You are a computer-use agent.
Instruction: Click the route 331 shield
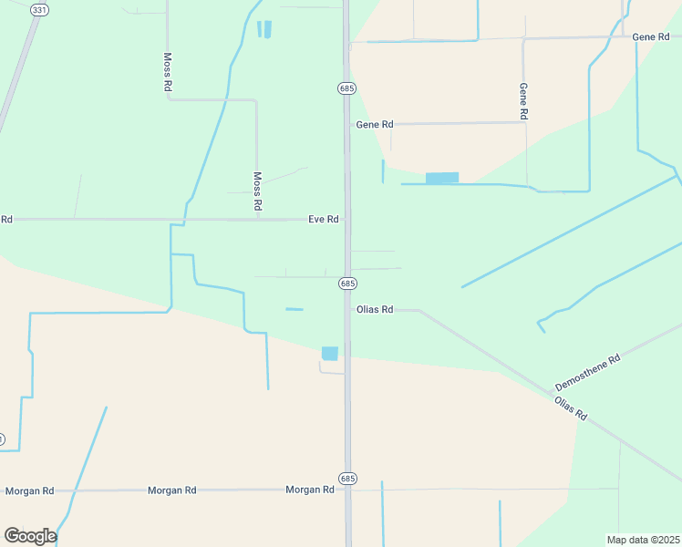coord(38,9)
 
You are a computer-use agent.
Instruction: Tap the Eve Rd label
coord(324,219)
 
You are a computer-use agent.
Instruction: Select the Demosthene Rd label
coord(588,372)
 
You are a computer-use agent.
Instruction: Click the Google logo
coord(29,535)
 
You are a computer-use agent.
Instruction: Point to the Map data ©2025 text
coord(643,540)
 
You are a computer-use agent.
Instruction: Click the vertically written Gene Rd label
coord(523,101)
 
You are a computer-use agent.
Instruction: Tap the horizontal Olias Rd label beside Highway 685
coord(375,309)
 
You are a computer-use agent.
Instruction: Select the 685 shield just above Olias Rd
coord(347,284)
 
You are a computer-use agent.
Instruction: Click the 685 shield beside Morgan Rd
coord(347,478)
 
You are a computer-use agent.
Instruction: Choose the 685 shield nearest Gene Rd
coord(347,88)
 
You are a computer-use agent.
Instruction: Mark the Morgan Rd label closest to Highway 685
coord(309,490)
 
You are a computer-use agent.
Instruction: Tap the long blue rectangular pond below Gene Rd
coord(442,178)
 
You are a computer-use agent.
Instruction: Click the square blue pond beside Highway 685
coord(330,353)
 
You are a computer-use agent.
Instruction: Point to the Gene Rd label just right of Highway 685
coord(375,124)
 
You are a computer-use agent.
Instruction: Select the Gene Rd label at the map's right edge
coord(651,36)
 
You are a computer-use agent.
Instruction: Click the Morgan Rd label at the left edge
coord(29,490)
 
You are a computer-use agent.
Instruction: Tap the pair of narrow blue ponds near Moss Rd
coord(264,29)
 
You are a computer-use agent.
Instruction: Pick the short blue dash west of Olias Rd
coord(294,309)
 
